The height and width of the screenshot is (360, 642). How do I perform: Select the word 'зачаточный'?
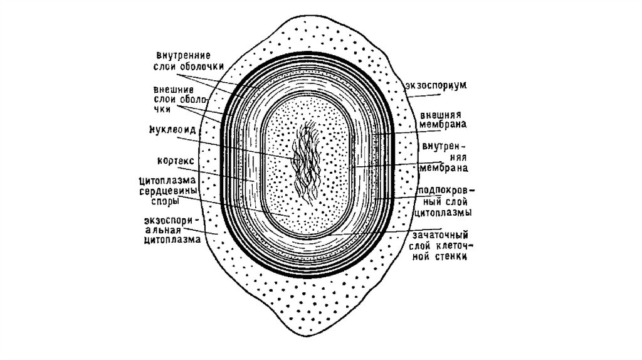point(436,235)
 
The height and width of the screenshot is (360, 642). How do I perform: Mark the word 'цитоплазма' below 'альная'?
point(172,239)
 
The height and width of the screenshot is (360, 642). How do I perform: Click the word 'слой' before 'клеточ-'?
point(419,246)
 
